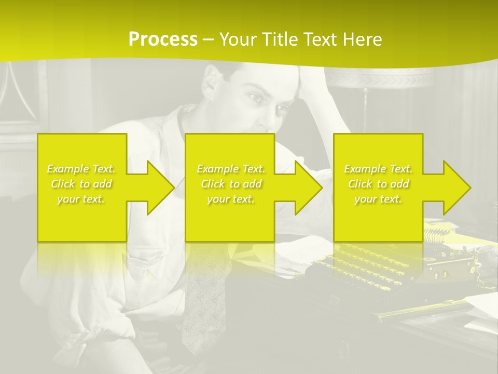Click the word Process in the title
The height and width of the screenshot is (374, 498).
(163, 39)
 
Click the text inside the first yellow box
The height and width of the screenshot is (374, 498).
(81, 184)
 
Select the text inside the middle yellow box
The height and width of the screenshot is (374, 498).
(231, 184)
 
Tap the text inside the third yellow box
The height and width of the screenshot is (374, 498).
(378, 184)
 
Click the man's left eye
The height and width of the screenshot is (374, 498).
(282, 109)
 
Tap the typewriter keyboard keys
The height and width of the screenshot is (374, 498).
(363, 265)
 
